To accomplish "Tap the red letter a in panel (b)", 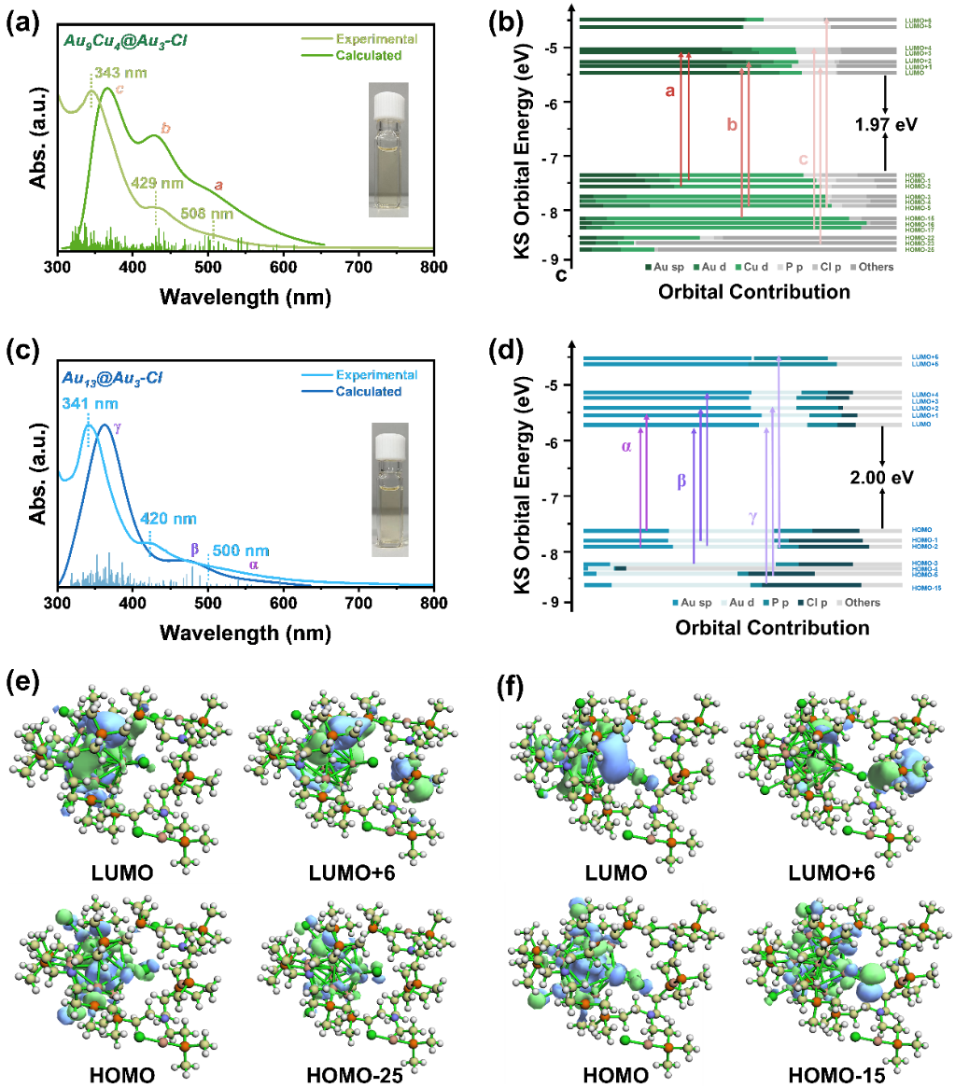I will [x=668, y=91].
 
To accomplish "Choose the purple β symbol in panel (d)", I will [x=681, y=481].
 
